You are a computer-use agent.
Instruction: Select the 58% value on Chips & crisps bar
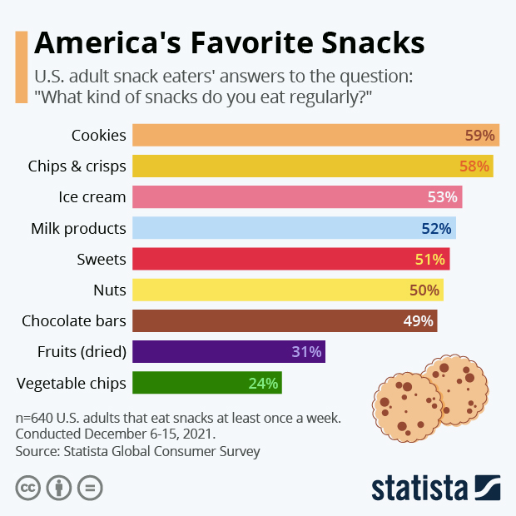pos(474,166)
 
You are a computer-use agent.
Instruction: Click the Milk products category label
pos(78,228)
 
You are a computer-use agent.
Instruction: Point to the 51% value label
pos(430,259)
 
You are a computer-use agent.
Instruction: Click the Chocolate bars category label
pos(74,320)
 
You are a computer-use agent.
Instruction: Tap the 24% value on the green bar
pos(262,383)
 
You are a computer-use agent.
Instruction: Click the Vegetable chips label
pos(72,383)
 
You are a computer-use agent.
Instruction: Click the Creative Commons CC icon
pos(28,487)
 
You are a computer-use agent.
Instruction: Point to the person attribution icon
pos(59,487)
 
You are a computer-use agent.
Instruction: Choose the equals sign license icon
pos(89,487)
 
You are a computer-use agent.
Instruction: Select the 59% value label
pos(479,135)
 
